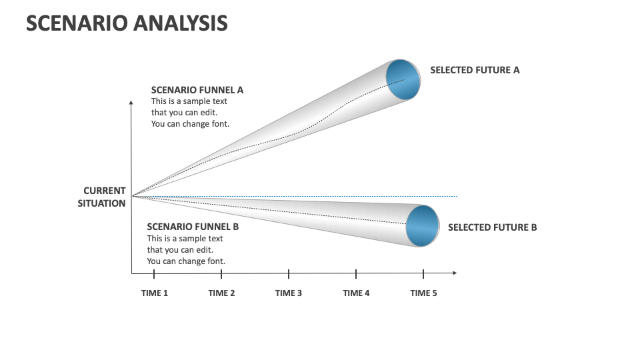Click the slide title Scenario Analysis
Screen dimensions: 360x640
pyautogui.click(x=127, y=23)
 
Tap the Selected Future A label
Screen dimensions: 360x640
pyautogui.click(x=475, y=70)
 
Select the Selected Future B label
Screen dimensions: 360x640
pyautogui.click(x=492, y=227)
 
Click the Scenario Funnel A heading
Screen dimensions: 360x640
pyautogui.click(x=197, y=90)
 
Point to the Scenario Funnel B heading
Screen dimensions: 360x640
pyautogui.click(x=193, y=227)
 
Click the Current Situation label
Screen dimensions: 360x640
pyautogui.click(x=102, y=197)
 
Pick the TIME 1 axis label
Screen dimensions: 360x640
pyautogui.click(x=155, y=293)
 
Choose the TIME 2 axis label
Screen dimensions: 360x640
pyautogui.click(x=221, y=293)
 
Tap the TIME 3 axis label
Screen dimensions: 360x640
pyautogui.click(x=289, y=293)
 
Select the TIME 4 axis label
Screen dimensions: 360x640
pyautogui.click(x=356, y=293)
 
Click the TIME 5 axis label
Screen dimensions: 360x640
pyautogui.click(x=423, y=293)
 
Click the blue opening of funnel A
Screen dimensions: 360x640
pyautogui.click(x=403, y=80)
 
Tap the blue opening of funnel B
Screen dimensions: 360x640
pyautogui.click(x=422, y=226)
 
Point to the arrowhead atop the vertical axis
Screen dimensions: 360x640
pyautogui.click(x=132, y=103)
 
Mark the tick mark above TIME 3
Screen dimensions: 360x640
pyautogui.click(x=289, y=273)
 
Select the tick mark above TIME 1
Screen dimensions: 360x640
pyautogui.click(x=154, y=273)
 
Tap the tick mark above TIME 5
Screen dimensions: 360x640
pyautogui.click(x=423, y=273)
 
